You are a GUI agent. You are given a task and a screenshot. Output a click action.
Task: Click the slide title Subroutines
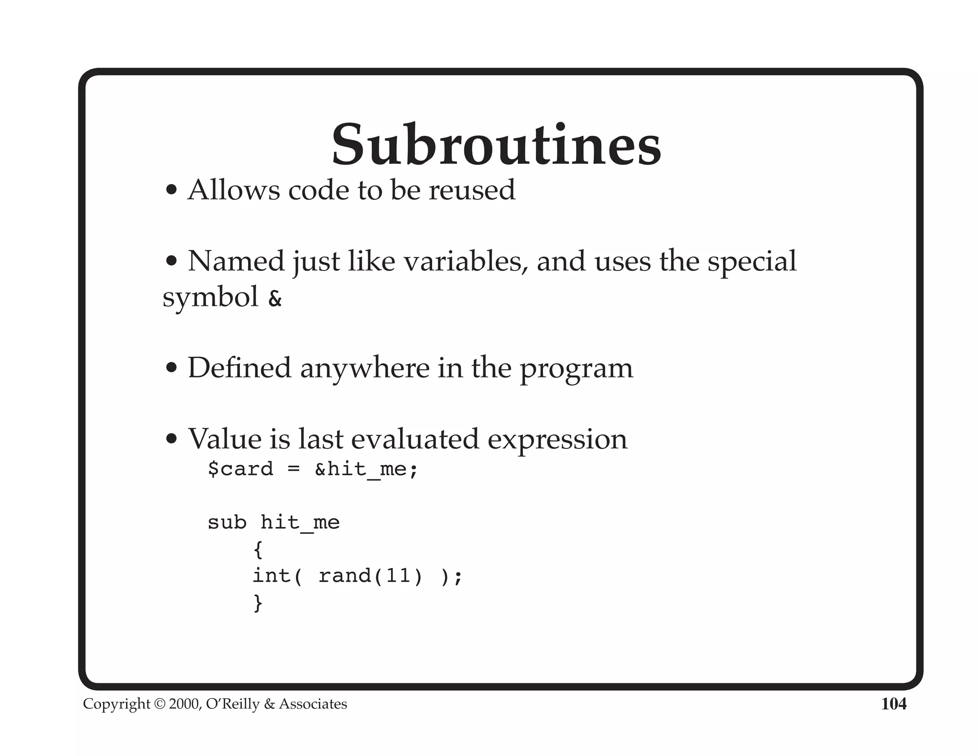coord(496,144)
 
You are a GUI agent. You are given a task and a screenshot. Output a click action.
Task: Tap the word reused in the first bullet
coord(472,190)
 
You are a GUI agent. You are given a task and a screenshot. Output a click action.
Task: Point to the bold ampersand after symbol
coord(275,299)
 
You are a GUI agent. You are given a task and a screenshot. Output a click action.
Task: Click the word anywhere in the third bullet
coord(364,368)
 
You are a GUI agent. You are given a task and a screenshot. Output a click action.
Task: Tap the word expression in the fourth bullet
coord(557,440)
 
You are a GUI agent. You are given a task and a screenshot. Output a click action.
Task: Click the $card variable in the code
coord(240,469)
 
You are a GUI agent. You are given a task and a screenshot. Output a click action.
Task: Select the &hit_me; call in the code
coord(366,469)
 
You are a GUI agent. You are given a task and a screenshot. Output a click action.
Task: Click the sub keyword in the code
coord(227,522)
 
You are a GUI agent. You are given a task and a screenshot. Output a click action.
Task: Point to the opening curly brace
coord(258,550)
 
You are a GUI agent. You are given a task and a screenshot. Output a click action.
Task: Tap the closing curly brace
coord(258,603)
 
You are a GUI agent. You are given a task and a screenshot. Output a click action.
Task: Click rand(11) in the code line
coord(370,576)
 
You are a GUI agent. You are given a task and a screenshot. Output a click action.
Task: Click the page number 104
coord(893,704)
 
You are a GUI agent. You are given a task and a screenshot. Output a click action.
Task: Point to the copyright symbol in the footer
coord(159,704)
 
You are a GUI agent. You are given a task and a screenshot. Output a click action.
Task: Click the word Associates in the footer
coord(313,704)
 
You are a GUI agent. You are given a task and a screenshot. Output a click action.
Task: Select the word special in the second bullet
coord(751,261)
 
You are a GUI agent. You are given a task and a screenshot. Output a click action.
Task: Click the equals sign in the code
coord(294,469)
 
